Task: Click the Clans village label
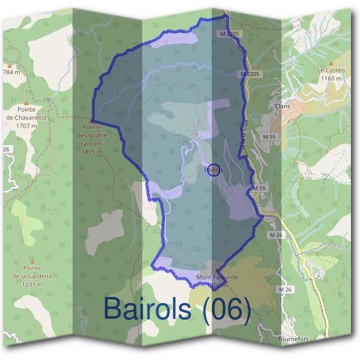click(x=281, y=106)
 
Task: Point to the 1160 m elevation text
click(x=331, y=78)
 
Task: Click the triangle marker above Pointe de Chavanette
click(x=26, y=103)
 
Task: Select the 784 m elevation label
click(x=11, y=72)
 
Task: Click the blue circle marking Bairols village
click(x=215, y=170)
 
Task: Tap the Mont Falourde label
click(x=217, y=278)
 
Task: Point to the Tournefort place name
click(x=293, y=339)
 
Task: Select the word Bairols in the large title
click(x=148, y=308)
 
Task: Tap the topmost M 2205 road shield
click(x=230, y=34)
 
